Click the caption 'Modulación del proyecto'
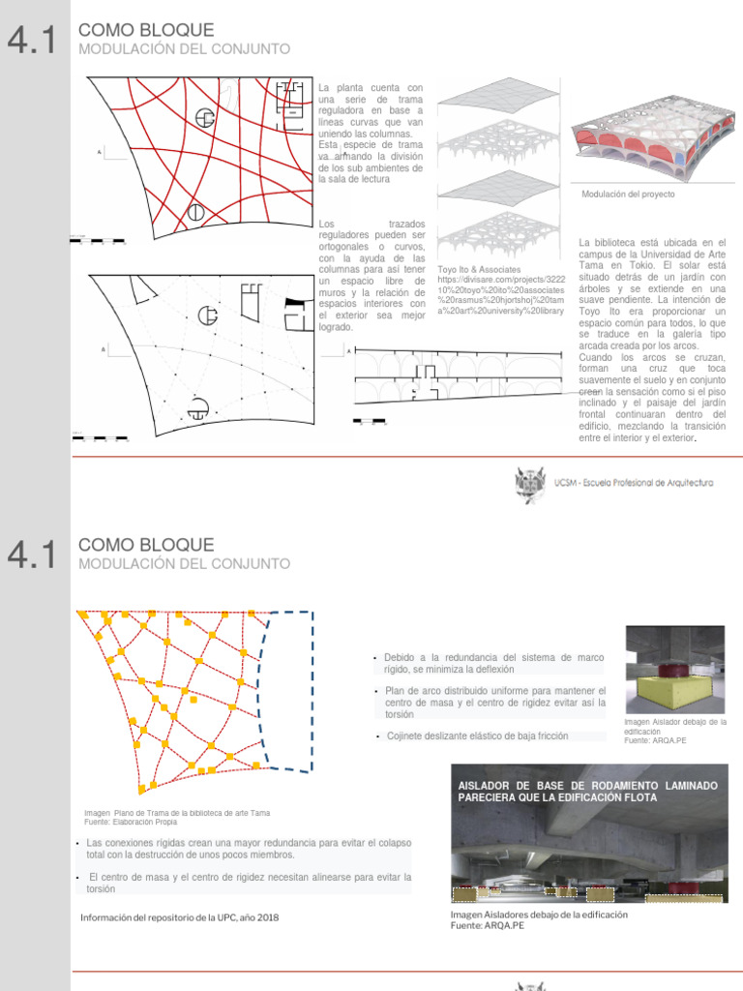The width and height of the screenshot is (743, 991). [628, 195]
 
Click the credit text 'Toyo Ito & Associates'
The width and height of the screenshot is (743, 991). [479, 270]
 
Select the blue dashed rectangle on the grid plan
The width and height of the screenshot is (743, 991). [289, 690]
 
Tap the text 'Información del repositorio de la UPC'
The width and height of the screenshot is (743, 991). [179, 917]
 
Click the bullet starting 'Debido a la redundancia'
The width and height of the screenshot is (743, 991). [493, 663]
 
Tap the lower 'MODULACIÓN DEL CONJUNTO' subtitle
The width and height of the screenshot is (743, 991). [183, 563]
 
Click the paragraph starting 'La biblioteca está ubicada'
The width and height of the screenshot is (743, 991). [651, 339]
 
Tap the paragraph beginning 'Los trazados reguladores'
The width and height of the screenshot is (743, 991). [371, 275]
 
